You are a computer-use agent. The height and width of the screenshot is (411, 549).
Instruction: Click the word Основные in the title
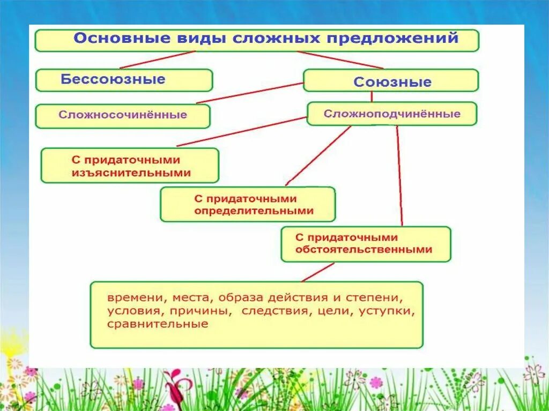pyautogui.click(x=108, y=39)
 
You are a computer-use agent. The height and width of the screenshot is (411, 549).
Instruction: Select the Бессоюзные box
pyautogui.click(x=124, y=80)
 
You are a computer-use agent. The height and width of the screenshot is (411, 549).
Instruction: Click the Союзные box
pyautogui.click(x=391, y=81)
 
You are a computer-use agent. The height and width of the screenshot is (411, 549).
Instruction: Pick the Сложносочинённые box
pyautogui.click(x=123, y=115)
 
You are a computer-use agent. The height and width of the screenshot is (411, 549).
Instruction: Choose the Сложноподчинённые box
pyautogui.click(x=391, y=114)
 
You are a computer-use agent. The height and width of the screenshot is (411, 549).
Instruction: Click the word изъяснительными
pyautogui.click(x=131, y=173)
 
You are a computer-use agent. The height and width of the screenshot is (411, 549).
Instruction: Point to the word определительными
pyautogui.click(x=254, y=211)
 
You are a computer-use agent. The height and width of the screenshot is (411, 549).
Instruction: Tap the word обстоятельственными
pyautogui.click(x=363, y=250)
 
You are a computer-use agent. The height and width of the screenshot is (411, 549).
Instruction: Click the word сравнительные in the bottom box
pyautogui.click(x=157, y=324)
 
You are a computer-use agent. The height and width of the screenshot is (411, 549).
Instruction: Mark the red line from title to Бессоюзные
pyautogui.click(x=157, y=60)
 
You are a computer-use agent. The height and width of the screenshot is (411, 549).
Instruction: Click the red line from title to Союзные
pyautogui.click(x=340, y=60)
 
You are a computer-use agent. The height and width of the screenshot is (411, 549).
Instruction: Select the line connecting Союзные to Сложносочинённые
pyautogui.click(x=250, y=93)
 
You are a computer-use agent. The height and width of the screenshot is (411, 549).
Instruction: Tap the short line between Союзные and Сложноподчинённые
pyautogui.click(x=372, y=96)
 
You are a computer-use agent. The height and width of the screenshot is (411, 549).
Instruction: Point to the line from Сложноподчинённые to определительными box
pyautogui.click(x=318, y=155)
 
